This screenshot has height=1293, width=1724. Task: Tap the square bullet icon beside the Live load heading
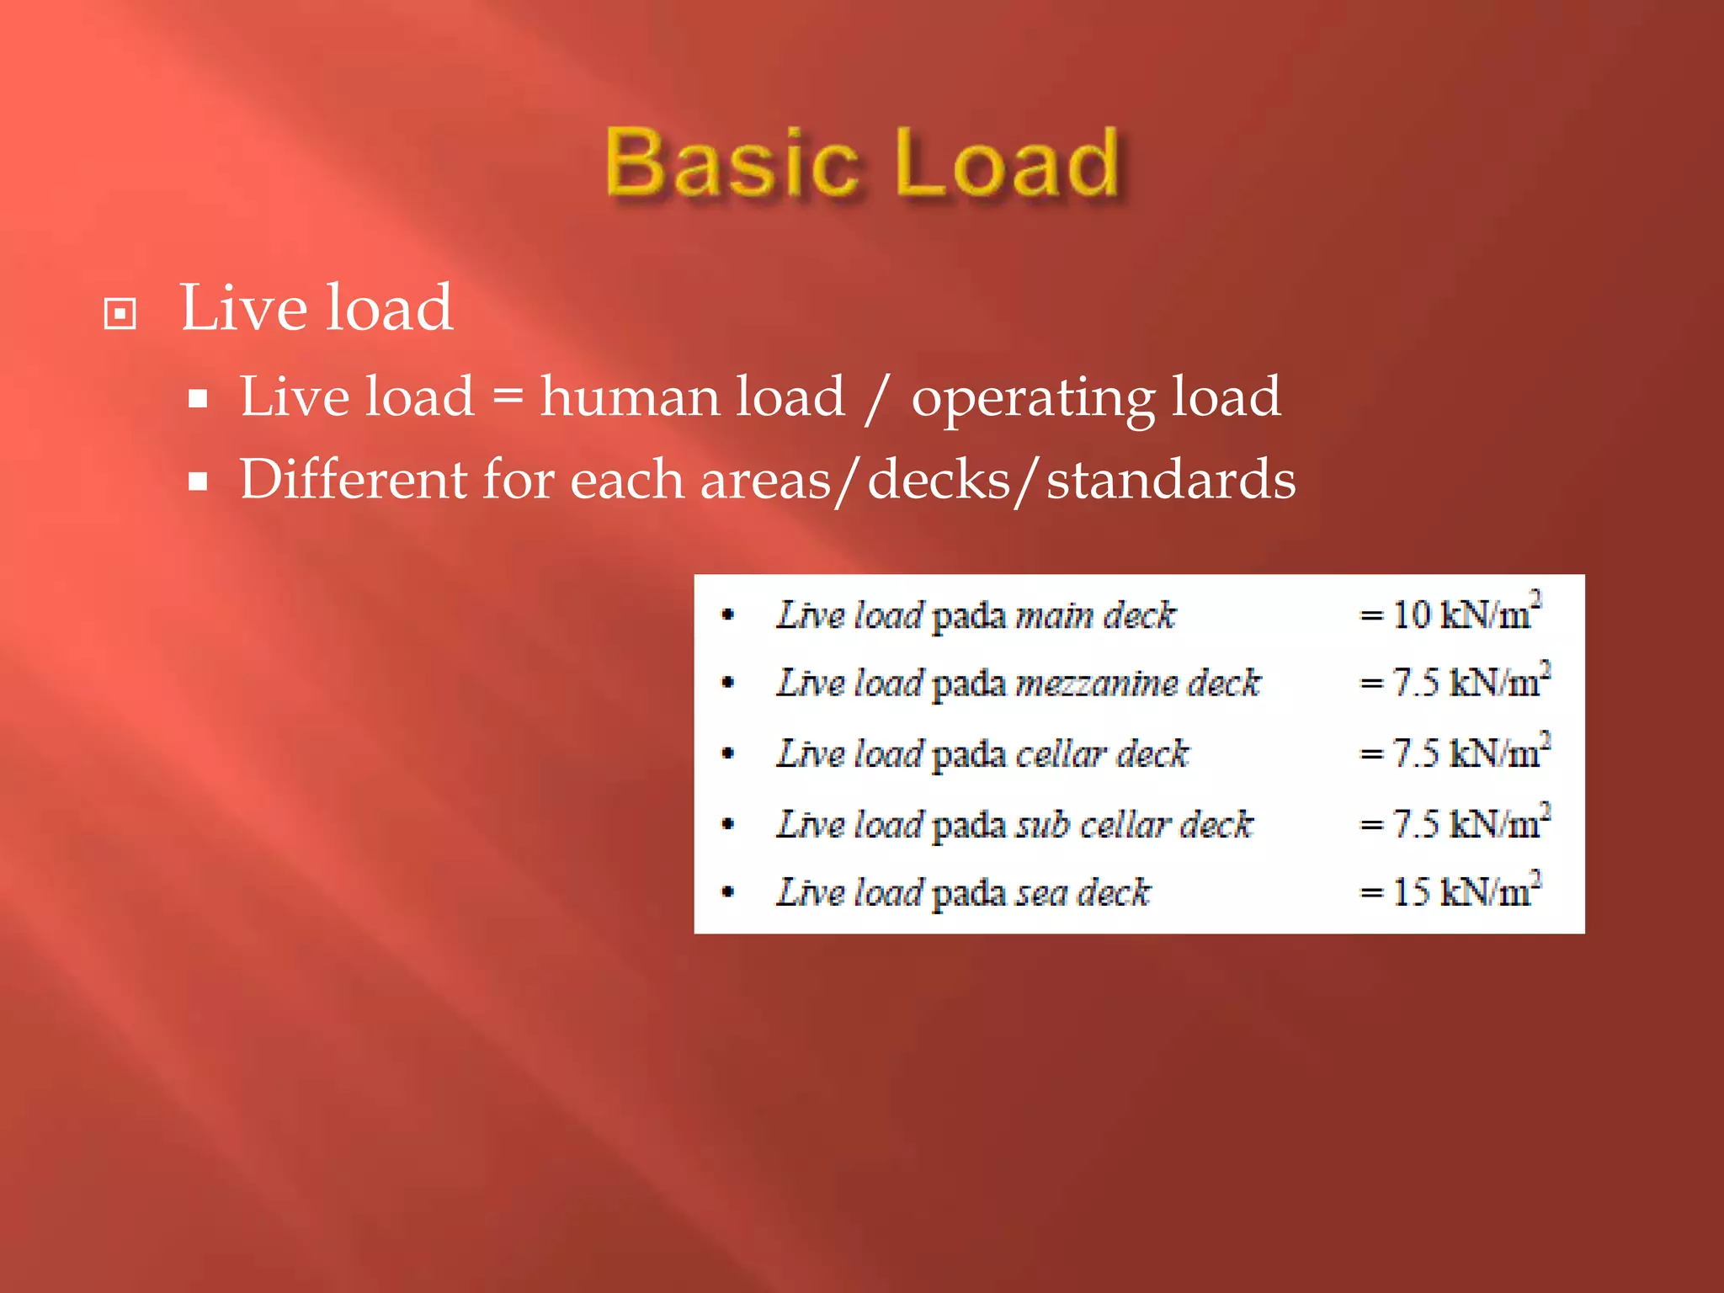(x=120, y=314)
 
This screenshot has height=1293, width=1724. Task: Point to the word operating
(x=1033, y=398)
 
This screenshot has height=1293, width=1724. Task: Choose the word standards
(x=1170, y=479)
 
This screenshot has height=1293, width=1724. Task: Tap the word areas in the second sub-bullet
(x=764, y=481)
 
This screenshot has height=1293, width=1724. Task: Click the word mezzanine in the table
(x=1094, y=684)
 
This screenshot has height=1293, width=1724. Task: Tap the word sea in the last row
(x=1040, y=892)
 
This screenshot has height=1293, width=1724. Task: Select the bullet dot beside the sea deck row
(x=728, y=891)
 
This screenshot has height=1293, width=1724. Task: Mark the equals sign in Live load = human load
(x=508, y=395)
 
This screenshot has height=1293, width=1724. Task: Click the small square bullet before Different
(x=198, y=482)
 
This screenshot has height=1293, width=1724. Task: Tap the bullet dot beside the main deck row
(x=728, y=615)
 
